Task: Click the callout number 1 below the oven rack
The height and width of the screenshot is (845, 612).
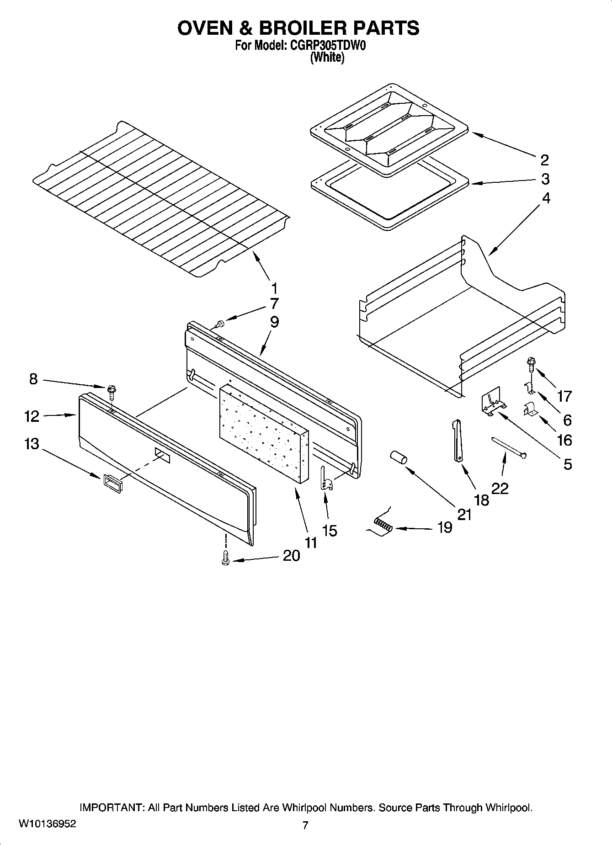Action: (274, 288)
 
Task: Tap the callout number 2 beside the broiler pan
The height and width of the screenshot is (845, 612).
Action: (544, 160)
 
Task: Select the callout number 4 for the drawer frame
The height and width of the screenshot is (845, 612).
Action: (546, 198)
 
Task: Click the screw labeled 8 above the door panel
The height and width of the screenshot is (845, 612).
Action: (111, 391)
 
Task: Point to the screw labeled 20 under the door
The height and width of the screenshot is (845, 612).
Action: (225, 559)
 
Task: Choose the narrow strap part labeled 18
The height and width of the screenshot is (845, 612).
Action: (458, 441)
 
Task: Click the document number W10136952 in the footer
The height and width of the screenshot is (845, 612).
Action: (48, 824)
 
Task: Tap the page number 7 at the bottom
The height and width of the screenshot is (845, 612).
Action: (305, 825)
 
